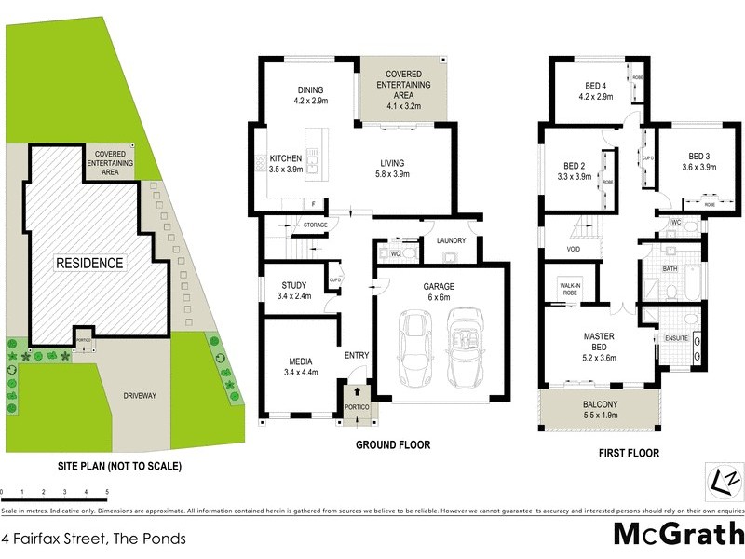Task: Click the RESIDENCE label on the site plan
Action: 88,263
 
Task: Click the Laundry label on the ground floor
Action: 444,240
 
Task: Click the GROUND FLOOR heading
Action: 393,445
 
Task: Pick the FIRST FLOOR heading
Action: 630,454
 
